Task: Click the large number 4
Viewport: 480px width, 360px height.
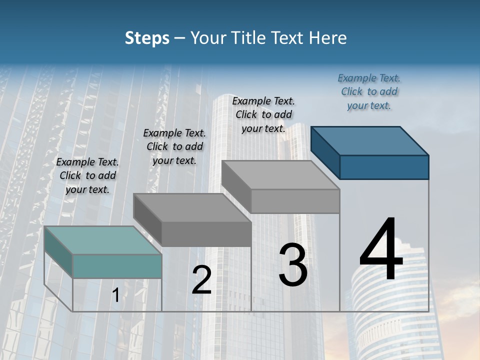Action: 381,250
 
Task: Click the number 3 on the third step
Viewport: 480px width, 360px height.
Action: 293,265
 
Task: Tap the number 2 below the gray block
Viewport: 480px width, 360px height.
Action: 201,279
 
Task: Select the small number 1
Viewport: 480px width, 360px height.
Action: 115,295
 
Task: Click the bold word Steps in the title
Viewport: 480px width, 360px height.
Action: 147,38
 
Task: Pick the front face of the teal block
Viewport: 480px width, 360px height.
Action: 117,266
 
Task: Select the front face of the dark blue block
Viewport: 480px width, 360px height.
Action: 384,167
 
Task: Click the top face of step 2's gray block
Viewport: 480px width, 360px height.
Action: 192,207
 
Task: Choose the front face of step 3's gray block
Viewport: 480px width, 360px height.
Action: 295,201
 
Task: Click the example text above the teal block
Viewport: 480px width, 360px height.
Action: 87,175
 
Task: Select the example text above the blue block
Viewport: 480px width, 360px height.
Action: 369,91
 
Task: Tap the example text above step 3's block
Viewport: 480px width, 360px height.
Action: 263,114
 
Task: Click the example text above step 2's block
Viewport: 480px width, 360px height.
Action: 174,146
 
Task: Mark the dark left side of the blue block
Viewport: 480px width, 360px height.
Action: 325,152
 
